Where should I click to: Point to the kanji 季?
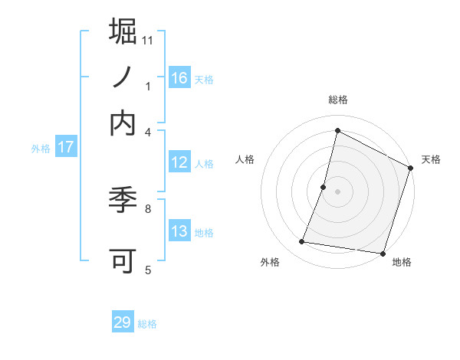pos(123,201)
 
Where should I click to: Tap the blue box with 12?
pos(179,162)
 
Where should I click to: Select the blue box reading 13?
pos(179,231)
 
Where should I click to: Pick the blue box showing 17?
pos(65,147)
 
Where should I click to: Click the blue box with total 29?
pos(123,322)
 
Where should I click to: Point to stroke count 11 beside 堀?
pos(149,39)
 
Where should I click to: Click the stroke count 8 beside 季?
pos(148,208)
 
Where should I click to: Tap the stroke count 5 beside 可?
pos(148,269)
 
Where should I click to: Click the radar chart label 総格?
pos(337,100)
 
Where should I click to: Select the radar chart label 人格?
pos(245,159)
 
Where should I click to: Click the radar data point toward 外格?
pos(302,242)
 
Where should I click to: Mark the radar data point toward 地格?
pos(382,253)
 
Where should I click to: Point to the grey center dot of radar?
pos(337,191)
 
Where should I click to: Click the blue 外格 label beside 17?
pos(40,149)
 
